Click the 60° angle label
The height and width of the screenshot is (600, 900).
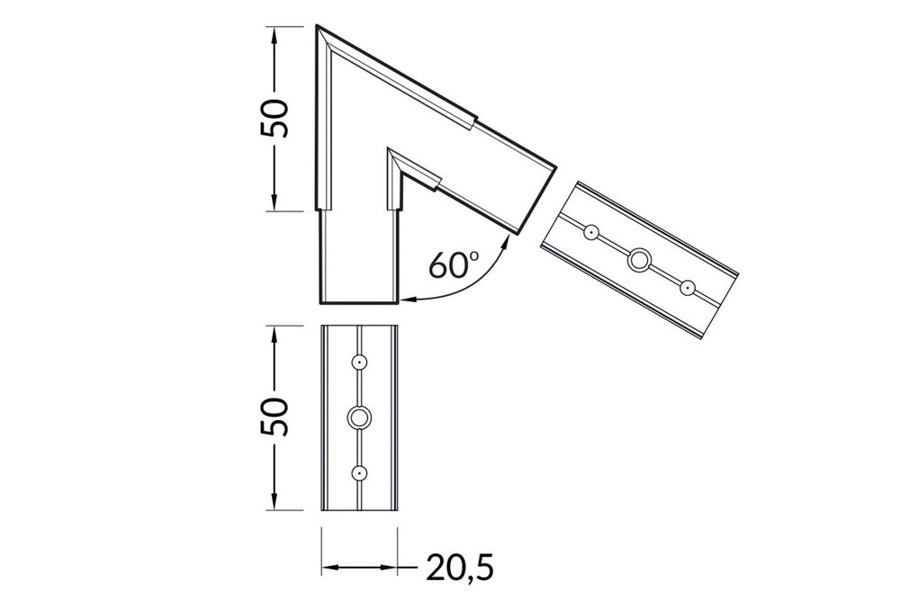click(454, 265)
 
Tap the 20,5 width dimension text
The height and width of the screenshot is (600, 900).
click(459, 567)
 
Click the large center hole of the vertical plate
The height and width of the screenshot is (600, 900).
click(359, 416)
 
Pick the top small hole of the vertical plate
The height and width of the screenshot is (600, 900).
click(359, 362)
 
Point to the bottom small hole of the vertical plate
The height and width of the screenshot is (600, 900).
click(359, 471)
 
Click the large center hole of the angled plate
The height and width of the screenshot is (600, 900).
click(639, 260)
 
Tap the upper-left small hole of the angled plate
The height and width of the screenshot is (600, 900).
click(590, 232)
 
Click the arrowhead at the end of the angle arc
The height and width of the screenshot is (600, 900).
click(407, 298)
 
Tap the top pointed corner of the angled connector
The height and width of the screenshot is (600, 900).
click(318, 28)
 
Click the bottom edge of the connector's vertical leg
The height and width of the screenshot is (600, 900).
click(359, 303)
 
